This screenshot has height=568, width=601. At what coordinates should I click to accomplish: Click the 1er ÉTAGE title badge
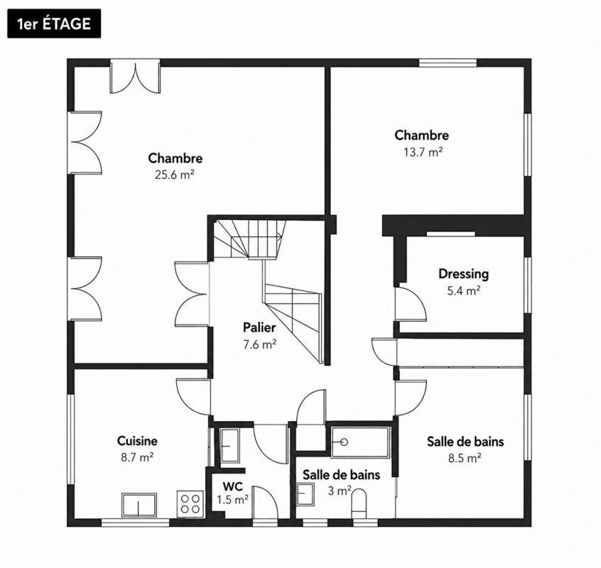54,23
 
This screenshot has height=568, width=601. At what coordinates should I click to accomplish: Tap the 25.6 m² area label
175,175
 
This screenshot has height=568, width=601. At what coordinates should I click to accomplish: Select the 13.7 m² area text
423,152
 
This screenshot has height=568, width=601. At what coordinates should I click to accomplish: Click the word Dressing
463,274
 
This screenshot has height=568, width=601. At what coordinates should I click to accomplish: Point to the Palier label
259,327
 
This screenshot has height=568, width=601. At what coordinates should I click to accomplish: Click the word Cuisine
137,441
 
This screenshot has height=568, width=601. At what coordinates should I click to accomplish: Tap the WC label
233,486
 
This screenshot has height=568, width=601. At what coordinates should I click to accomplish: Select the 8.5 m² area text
465,458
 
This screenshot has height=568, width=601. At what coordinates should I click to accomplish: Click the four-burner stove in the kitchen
190,503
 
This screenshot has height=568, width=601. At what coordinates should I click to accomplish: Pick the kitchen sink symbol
139,505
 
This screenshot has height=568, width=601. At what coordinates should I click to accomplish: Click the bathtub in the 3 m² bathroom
360,442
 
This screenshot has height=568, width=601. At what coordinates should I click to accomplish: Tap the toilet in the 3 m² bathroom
359,502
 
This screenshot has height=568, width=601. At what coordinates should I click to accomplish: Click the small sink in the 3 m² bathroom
305,494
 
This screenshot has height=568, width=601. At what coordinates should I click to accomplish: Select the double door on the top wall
135,76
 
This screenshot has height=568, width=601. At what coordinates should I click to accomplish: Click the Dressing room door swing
411,303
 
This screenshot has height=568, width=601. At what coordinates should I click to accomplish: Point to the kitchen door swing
193,397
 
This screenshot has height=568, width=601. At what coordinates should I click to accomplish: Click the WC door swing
266,502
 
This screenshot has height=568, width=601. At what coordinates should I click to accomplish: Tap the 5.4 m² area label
464,290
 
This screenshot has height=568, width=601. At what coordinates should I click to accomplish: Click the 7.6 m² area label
260,344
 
